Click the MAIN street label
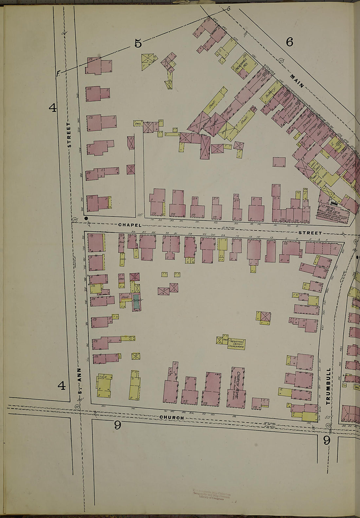[297, 81]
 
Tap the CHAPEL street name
[130, 225]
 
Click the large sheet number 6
[289, 42]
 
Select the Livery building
[215, 124]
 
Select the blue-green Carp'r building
[136, 302]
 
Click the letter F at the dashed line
[58, 74]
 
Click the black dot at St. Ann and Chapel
[86, 218]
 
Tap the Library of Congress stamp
[211, 495]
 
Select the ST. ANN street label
[79, 380]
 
